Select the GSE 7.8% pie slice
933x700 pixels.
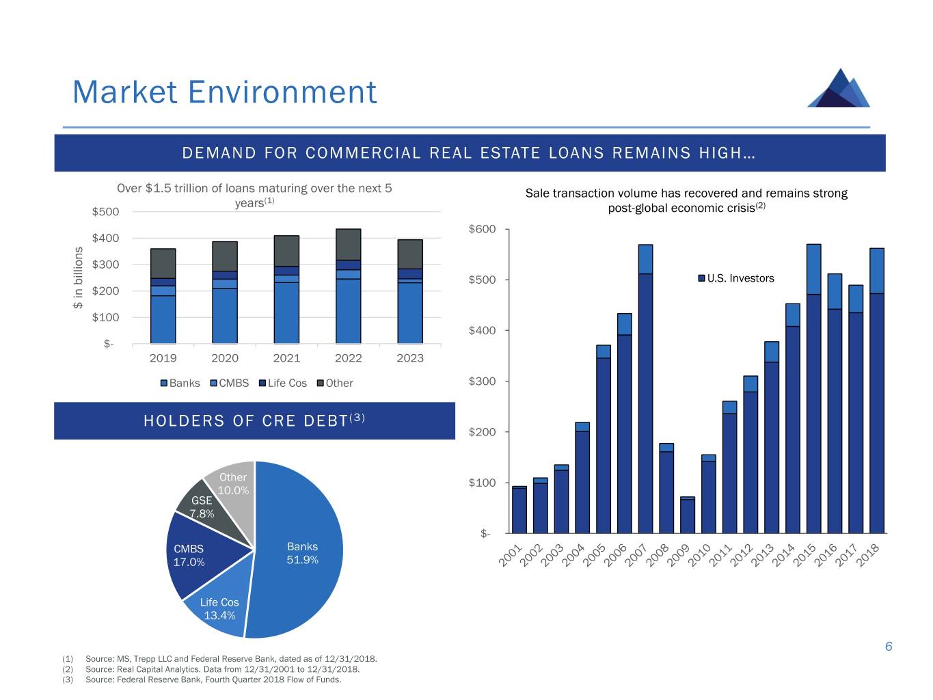[200, 507]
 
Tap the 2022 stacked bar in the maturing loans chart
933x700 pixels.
[349, 287]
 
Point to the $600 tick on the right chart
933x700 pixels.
[482, 229]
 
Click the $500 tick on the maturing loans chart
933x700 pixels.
[105, 212]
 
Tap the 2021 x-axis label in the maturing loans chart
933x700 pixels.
[286, 358]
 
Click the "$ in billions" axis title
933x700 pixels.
[79, 278]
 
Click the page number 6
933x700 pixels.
[889, 647]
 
